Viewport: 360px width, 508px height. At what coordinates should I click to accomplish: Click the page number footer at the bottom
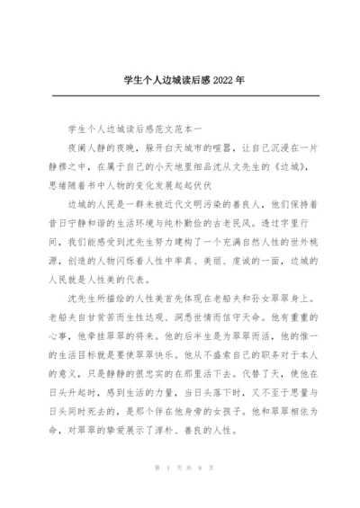tap(180, 468)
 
